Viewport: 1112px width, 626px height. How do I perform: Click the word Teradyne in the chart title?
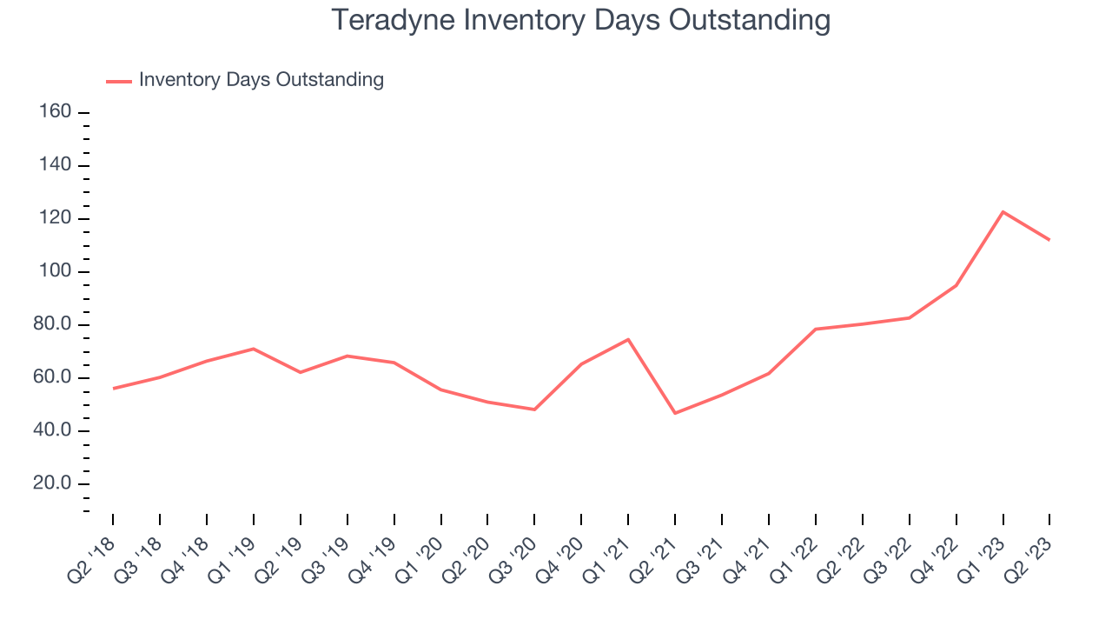393,20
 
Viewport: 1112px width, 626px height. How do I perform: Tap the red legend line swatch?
119,81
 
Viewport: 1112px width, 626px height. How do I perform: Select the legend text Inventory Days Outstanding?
261,79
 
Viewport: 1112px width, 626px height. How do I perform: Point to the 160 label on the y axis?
55,111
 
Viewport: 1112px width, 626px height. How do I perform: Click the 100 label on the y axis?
55,270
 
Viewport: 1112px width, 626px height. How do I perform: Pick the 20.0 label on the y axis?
52,483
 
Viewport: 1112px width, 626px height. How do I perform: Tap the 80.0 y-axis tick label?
52,324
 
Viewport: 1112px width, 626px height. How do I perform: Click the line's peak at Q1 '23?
1003,212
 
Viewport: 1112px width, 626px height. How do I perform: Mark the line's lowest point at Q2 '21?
675,413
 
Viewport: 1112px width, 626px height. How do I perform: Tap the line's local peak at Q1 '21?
628,339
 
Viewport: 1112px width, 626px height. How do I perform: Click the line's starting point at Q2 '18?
113,389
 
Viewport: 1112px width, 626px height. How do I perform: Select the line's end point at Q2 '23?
1049,240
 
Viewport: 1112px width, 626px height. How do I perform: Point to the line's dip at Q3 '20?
534,410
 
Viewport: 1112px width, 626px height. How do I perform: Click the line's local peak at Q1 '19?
254,349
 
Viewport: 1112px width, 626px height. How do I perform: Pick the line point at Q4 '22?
956,286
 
